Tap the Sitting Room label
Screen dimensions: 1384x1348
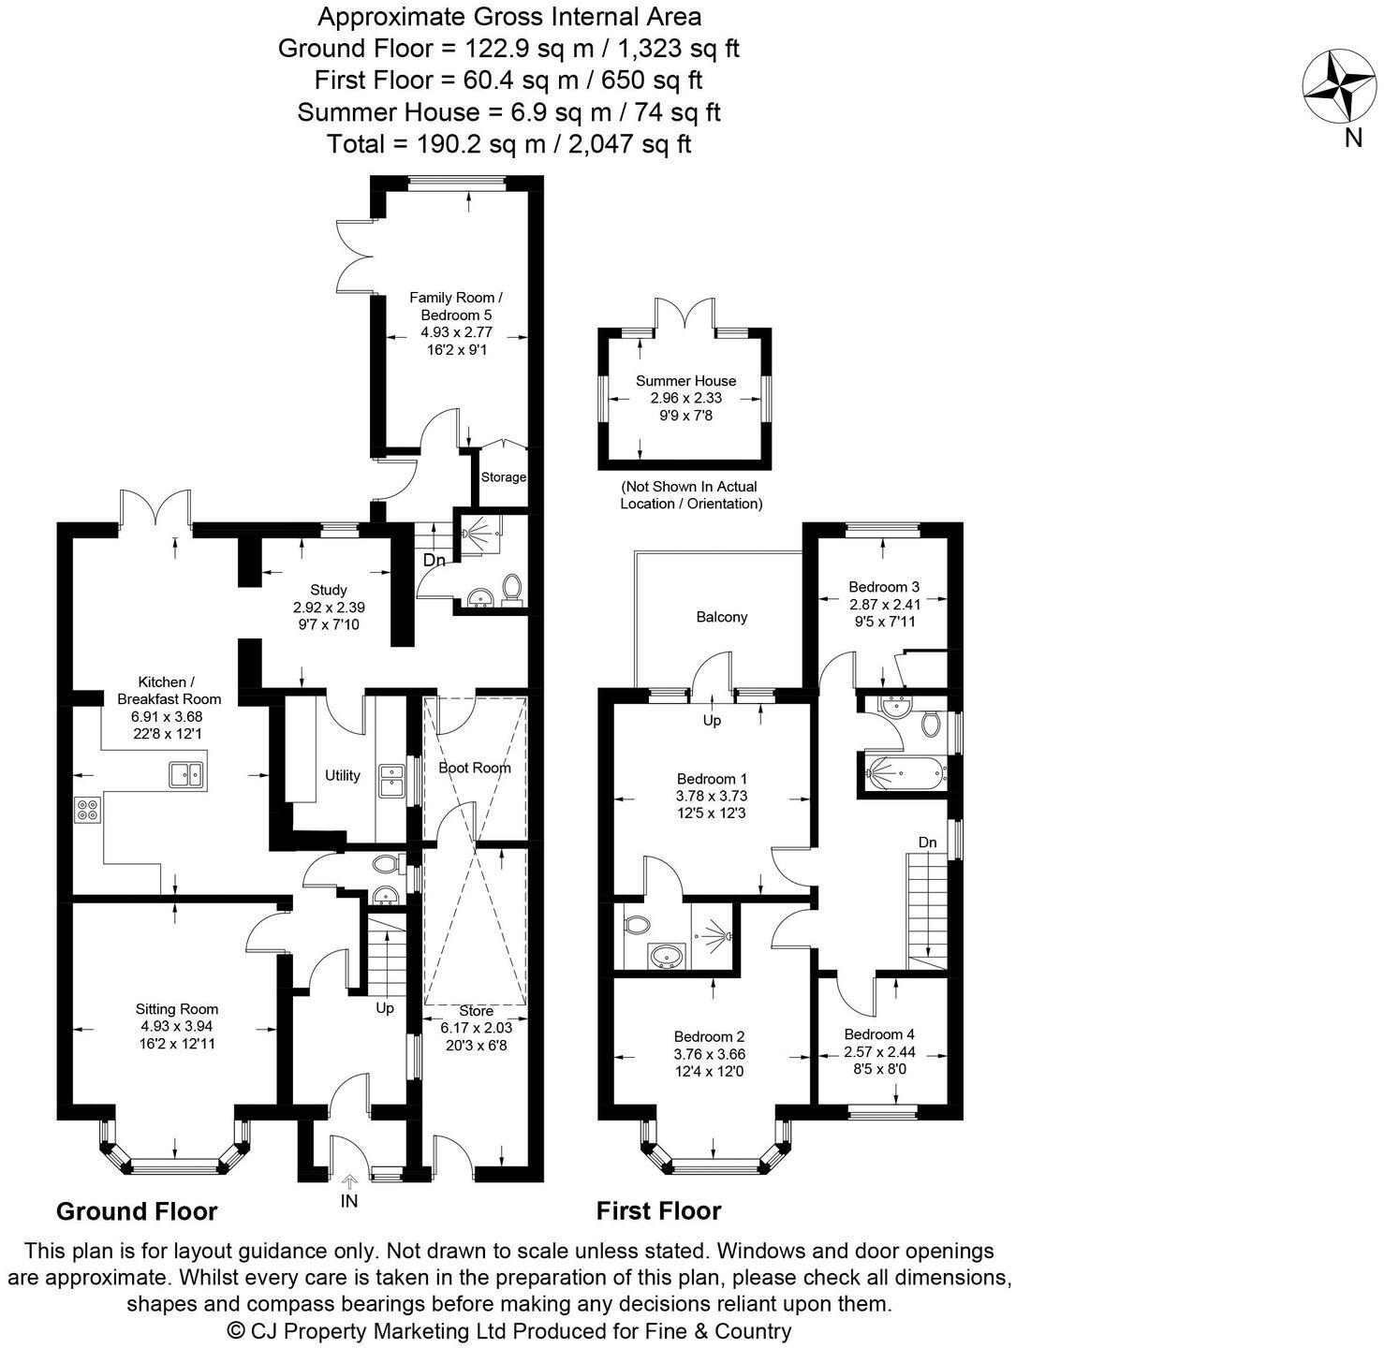[x=177, y=1009]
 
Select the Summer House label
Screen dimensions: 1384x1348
[x=685, y=381]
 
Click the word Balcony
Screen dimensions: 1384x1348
[x=722, y=617]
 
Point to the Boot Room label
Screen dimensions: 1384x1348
[x=475, y=768]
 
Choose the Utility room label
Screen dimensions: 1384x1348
[x=342, y=775]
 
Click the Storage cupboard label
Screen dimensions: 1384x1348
[x=503, y=477]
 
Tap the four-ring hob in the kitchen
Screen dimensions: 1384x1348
[x=88, y=809]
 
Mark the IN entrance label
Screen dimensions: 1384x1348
[x=348, y=1201]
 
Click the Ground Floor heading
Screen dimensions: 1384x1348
[x=137, y=1211]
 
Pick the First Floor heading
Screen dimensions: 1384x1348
[x=658, y=1211]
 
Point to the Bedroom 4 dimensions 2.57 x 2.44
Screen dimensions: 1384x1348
[x=878, y=1051]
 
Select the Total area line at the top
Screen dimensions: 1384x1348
[x=508, y=144]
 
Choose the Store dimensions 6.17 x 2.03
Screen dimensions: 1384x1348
[x=476, y=1027]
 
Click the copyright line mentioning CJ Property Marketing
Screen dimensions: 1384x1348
[x=509, y=1330]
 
